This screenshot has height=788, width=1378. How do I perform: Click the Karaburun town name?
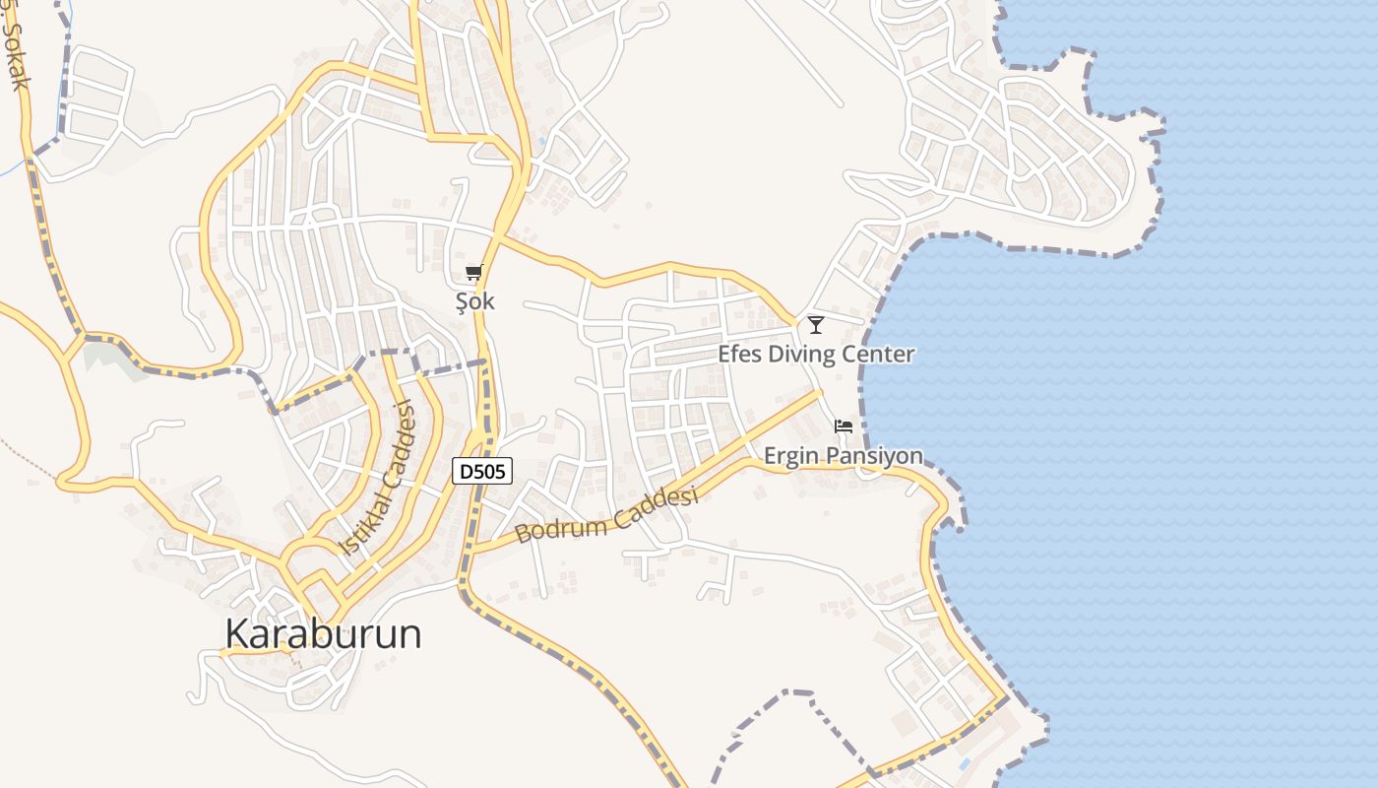[323, 633]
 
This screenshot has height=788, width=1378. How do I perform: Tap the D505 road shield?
[482, 472]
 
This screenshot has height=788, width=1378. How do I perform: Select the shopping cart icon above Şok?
[474, 273]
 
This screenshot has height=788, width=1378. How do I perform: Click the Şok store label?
[474, 302]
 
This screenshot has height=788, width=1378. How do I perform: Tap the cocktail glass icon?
[815, 324]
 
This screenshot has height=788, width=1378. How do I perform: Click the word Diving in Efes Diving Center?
[803, 355]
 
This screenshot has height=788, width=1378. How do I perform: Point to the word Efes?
[739, 355]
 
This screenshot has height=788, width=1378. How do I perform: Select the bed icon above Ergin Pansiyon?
[843, 427]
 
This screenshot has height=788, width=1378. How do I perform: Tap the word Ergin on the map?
[792, 456]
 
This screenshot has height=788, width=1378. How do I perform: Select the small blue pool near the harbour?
[964, 764]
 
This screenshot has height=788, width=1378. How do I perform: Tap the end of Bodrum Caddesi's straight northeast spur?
[819, 392]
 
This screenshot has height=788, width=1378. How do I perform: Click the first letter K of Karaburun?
[237, 633]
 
